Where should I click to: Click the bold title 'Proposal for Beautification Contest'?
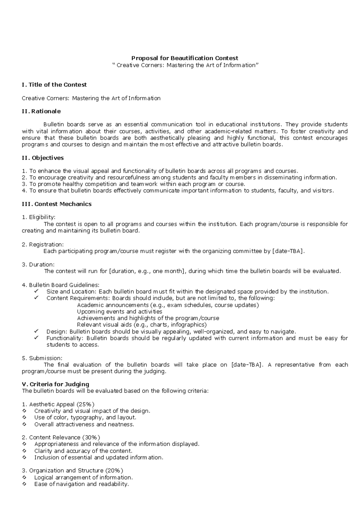(x=185, y=58)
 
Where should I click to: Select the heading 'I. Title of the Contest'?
(x=54, y=85)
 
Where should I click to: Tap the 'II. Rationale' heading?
(x=41, y=111)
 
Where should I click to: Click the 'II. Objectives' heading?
(x=43, y=158)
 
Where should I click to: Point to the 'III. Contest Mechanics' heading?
(x=57, y=204)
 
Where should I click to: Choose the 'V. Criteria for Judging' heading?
(x=55, y=384)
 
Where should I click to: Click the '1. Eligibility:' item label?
(x=39, y=217)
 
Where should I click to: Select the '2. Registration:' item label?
(x=43, y=245)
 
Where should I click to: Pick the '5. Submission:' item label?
(x=42, y=358)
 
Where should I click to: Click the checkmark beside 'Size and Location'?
(x=37, y=291)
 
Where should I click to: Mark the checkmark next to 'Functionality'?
(x=37, y=338)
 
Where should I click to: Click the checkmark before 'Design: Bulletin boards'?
(x=37, y=331)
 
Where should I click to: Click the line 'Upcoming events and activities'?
(x=119, y=312)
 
